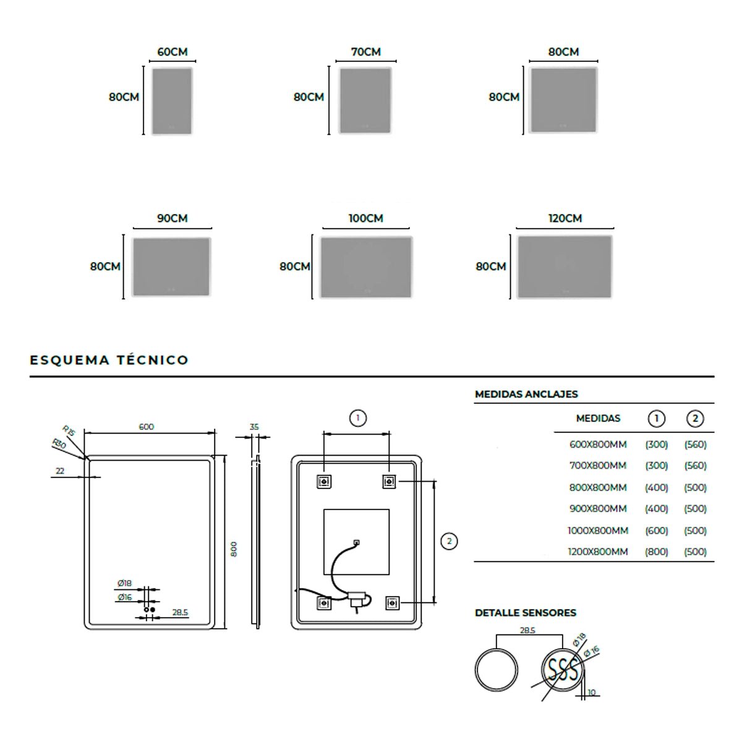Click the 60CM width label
pos(172,51)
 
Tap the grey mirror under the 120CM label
pos(565,267)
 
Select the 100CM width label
pos(366,218)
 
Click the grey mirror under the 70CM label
pos(365,101)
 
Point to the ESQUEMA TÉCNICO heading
pos(109,360)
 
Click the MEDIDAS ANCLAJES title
pos(526,394)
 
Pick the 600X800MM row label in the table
pos(598,445)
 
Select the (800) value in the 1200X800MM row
pos(656,552)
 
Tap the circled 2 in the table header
pos(695,419)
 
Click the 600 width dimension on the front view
pos(147,427)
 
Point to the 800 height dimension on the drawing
pos(234,548)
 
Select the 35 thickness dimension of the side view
pos(254,427)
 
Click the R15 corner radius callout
pos(69,430)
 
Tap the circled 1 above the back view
pos(358,418)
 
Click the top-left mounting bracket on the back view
pos(324,481)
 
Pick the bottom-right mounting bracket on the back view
pos(393,603)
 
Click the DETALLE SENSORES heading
pos(525,613)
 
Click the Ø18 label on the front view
pos(125,583)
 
